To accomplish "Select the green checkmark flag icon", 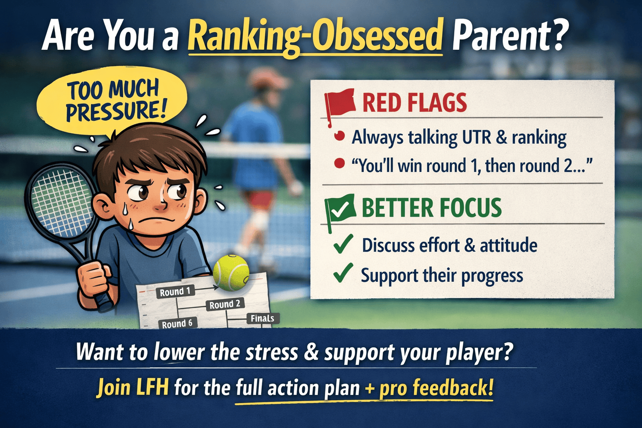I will point(340,209).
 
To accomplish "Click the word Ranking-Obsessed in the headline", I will point(315,37).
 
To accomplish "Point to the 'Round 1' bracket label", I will point(175,292).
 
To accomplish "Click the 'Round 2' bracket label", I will point(225,304).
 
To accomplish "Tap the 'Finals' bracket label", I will point(262,318).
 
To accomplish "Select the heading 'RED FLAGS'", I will point(414,103).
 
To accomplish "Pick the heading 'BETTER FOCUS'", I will point(431,208).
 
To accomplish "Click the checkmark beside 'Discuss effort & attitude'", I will point(343,245).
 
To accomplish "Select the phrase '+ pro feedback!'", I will point(429,388).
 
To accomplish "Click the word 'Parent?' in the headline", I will point(510,37).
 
